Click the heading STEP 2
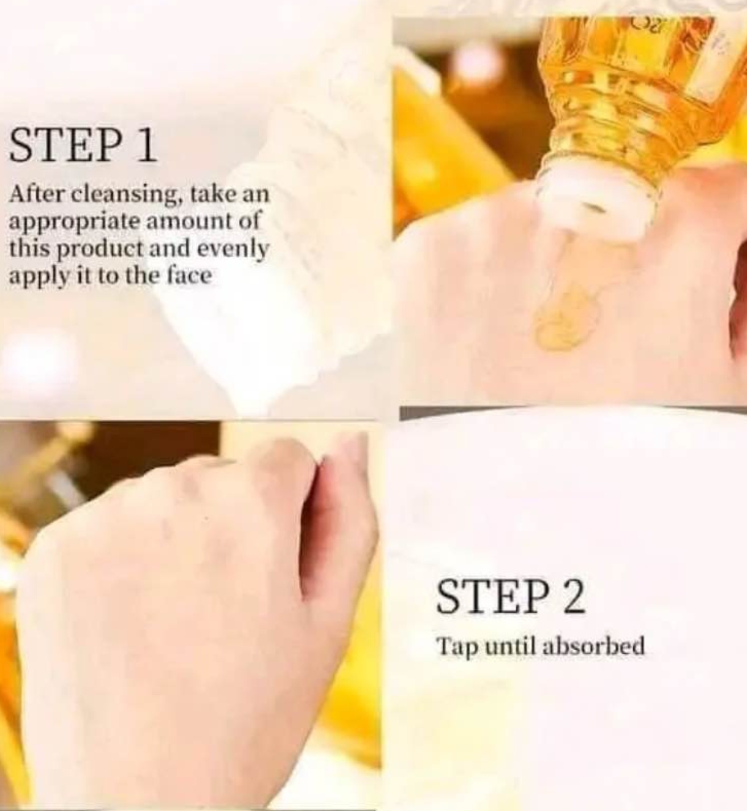(x=511, y=597)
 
